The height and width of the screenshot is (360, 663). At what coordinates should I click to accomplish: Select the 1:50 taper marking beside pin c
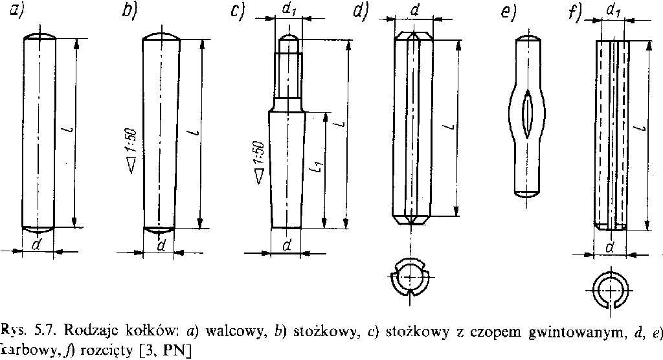coord(258,159)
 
